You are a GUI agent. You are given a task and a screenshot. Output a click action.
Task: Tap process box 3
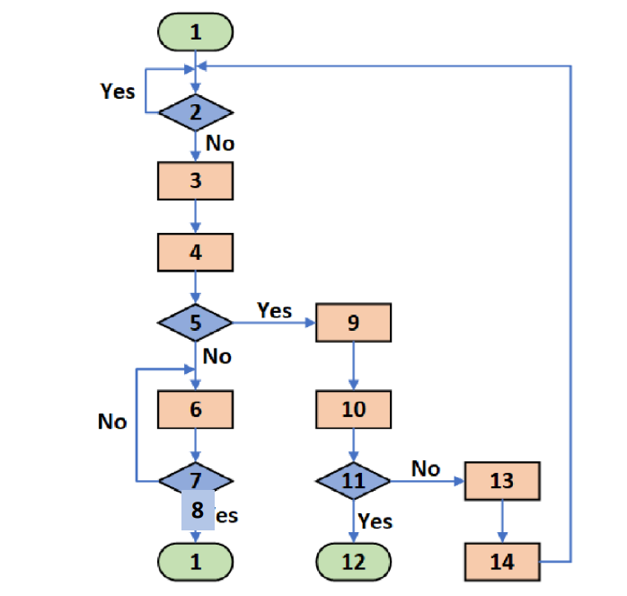tap(196, 181)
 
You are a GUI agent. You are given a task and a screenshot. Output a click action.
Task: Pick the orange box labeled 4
tap(196, 252)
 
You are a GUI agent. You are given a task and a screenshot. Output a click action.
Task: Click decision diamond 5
tap(196, 322)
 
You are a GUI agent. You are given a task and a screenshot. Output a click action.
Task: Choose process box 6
tap(196, 409)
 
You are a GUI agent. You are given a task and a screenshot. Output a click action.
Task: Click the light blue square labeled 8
tap(198, 511)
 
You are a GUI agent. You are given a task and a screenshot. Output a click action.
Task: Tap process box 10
tap(354, 409)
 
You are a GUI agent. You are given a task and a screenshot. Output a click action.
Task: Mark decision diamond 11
tap(354, 481)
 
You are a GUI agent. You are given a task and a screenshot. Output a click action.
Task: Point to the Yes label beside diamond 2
tap(118, 92)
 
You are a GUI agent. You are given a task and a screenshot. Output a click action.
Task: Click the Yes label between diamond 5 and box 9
tap(274, 310)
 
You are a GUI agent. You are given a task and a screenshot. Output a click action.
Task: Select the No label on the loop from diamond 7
tap(112, 421)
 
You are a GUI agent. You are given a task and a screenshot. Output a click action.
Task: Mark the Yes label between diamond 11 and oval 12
tap(375, 520)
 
